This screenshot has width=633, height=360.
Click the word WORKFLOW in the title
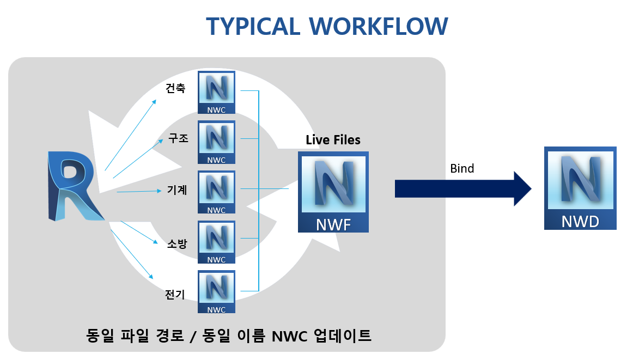[x=379, y=27]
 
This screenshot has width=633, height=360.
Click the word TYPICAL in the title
[x=253, y=27]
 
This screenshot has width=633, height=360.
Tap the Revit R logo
[x=75, y=186]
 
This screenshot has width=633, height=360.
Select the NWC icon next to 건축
[x=216, y=93]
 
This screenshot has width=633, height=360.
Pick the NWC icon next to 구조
[x=216, y=143]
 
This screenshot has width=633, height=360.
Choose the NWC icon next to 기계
[x=216, y=192]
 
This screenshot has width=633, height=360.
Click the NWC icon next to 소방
[x=216, y=242]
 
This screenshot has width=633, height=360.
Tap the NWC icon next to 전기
[x=216, y=292]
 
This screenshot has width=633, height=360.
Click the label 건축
[x=175, y=88]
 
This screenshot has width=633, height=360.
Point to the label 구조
[x=178, y=138]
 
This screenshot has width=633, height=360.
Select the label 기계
[x=177, y=190]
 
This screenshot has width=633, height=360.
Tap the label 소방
[x=177, y=243]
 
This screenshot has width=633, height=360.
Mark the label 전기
[x=175, y=295]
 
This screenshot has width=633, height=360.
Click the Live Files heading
[x=333, y=139]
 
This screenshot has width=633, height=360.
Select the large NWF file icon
[x=333, y=192]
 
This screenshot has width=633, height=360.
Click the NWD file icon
[x=580, y=188]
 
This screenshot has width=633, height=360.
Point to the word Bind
[x=462, y=168]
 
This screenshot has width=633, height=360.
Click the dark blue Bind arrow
[x=463, y=188]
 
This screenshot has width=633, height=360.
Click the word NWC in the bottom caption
[x=289, y=336]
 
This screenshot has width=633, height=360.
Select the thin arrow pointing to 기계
[x=139, y=191]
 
